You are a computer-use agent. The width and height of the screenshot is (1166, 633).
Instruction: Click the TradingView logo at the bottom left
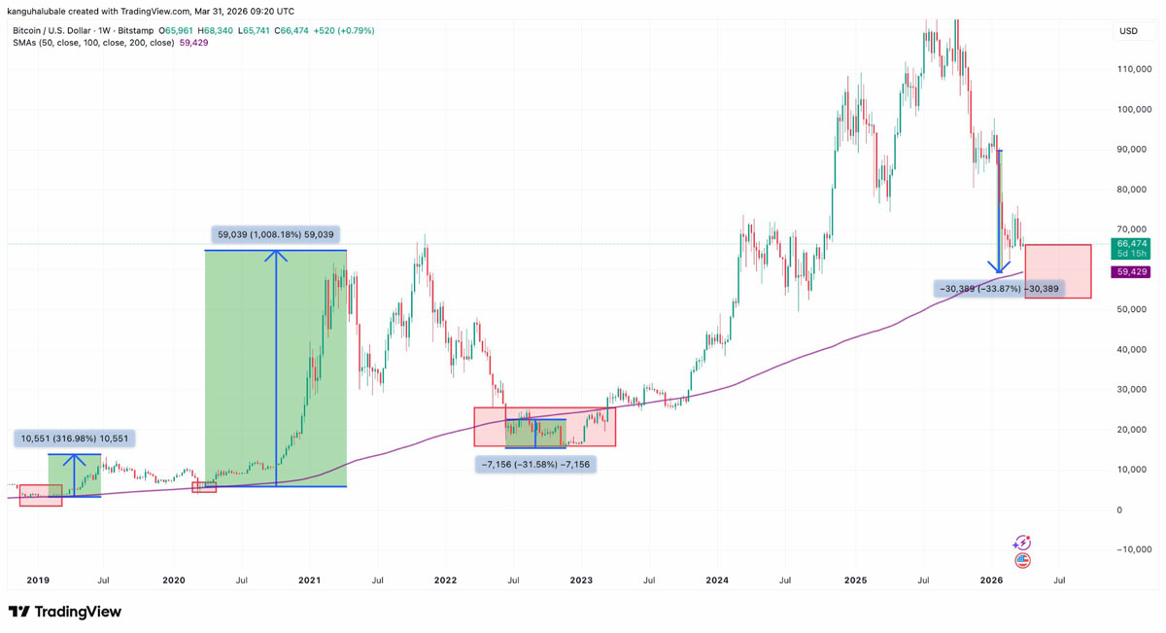click(x=65, y=612)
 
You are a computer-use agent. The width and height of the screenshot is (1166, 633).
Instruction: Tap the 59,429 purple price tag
click(x=1127, y=272)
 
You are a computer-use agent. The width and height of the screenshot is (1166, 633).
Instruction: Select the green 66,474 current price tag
click(x=1127, y=248)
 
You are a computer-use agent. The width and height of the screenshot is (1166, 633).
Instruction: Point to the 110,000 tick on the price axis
click(x=1135, y=69)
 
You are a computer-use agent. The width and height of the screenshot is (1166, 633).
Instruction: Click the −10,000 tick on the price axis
click(x=1133, y=549)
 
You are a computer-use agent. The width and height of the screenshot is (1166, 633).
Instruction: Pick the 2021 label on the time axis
click(x=309, y=580)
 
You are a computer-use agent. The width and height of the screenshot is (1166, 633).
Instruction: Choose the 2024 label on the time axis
click(x=717, y=580)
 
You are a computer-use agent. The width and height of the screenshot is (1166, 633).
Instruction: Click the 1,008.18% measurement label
click(x=277, y=234)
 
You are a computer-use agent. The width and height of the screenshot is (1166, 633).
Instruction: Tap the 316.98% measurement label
click(x=74, y=439)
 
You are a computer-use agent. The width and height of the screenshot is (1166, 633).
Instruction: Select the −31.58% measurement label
click(x=534, y=465)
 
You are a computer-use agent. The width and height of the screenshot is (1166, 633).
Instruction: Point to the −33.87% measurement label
click(x=998, y=289)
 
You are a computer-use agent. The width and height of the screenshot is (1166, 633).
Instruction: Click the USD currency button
click(x=1128, y=31)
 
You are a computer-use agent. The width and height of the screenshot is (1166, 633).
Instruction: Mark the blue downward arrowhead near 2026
click(x=997, y=266)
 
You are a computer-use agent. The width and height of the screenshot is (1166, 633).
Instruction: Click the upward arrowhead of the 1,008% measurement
click(x=277, y=256)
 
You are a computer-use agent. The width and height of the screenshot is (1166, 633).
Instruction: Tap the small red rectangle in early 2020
click(x=204, y=487)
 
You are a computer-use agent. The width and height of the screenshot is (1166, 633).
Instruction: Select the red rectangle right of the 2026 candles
click(x=1058, y=271)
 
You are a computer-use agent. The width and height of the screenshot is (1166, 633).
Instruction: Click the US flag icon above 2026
click(x=1021, y=561)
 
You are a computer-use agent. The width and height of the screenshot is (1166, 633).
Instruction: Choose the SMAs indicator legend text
click(x=92, y=43)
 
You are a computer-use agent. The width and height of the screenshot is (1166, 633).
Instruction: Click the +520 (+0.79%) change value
click(x=343, y=31)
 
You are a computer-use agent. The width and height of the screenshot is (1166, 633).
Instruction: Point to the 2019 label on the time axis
click(x=37, y=580)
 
